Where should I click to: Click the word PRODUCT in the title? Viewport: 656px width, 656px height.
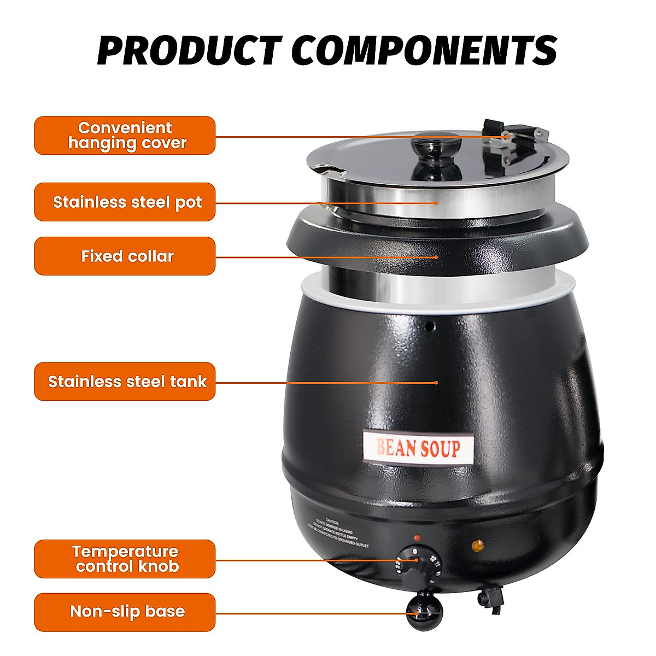[189, 50]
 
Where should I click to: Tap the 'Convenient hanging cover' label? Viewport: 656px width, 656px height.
[125, 136]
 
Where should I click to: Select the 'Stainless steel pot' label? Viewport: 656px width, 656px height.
[125, 202]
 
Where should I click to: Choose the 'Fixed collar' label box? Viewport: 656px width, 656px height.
[125, 256]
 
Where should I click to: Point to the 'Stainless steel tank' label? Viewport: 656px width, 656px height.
[125, 382]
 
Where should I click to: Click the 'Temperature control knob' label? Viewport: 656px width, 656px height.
[125, 559]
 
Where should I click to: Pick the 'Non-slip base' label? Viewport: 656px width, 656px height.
[125, 612]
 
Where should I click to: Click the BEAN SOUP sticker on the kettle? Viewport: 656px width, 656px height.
[418, 448]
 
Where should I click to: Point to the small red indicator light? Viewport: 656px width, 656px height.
[417, 538]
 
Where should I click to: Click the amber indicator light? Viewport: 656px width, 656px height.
[478, 544]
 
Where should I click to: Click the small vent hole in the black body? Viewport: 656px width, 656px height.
[430, 326]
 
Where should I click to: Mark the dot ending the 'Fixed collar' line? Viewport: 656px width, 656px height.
[436, 256]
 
